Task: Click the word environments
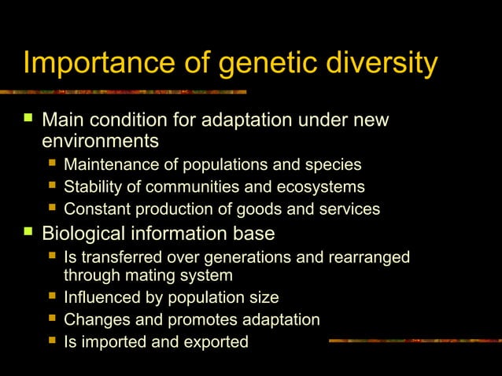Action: pos(100,142)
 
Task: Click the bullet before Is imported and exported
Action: pos(51,341)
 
